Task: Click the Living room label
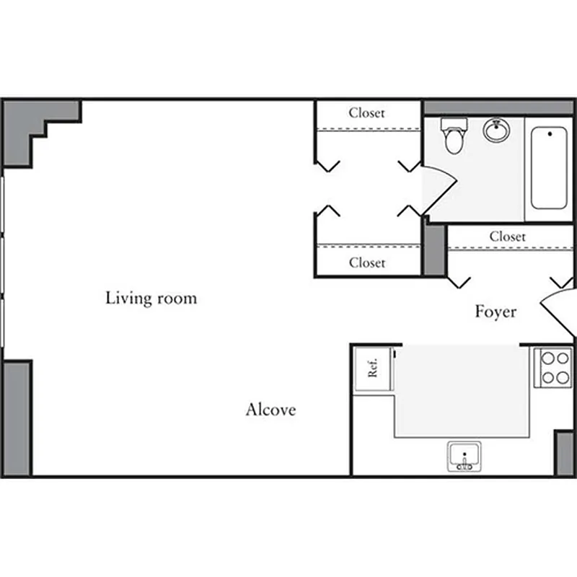pyautogui.click(x=151, y=298)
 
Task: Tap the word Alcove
pyautogui.click(x=270, y=410)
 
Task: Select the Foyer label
pyautogui.click(x=495, y=312)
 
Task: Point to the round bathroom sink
pyautogui.click(x=496, y=131)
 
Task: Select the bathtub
pyautogui.click(x=549, y=169)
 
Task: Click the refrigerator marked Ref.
pyautogui.click(x=373, y=369)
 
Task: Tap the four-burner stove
pyautogui.click(x=552, y=368)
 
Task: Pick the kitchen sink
pyautogui.click(x=464, y=457)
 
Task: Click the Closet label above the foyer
pyautogui.click(x=507, y=236)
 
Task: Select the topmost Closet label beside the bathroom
pyautogui.click(x=367, y=113)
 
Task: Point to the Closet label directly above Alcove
pyautogui.click(x=367, y=263)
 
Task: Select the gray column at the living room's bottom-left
pyautogui.click(x=17, y=418)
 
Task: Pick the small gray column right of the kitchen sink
pyautogui.click(x=564, y=453)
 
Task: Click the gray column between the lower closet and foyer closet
pyautogui.click(x=434, y=250)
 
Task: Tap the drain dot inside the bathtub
pyautogui.click(x=550, y=133)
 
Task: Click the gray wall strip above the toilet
pyautogui.click(x=498, y=107)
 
